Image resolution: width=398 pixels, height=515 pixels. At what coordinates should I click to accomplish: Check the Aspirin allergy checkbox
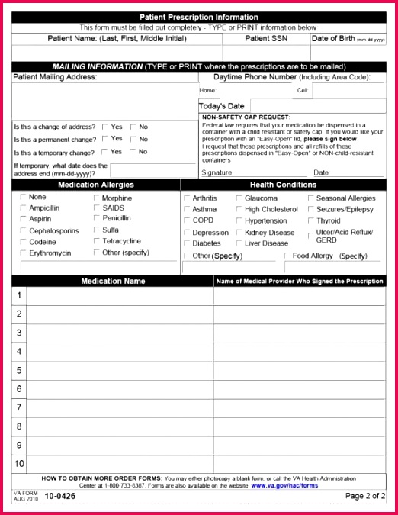[23, 219]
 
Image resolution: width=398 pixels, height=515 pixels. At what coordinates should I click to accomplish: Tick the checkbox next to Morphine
[96, 198]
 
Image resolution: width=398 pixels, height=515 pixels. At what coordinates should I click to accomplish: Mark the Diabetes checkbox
[187, 243]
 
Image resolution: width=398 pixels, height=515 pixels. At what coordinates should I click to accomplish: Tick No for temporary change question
[133, 151]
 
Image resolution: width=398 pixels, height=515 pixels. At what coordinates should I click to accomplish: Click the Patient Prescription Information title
[198, 17]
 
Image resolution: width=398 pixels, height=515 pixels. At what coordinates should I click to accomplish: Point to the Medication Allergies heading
[95, 185]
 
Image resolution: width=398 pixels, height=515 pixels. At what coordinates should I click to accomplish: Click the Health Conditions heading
[283, 185]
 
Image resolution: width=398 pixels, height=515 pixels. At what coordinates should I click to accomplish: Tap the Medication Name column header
[113, 281]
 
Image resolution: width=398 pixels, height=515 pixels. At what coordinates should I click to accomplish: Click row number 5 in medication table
[19, 370]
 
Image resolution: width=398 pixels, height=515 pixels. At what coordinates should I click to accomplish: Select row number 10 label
[19, 463]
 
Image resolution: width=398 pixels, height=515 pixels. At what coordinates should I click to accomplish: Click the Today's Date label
[222, 106]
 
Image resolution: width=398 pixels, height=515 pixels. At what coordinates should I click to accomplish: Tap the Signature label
[217, 172]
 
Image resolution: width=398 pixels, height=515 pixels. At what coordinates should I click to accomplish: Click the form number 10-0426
[59, 497]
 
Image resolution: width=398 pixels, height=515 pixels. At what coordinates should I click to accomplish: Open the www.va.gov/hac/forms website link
[284, 484]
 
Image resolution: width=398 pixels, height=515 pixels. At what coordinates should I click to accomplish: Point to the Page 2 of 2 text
[364, 496]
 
